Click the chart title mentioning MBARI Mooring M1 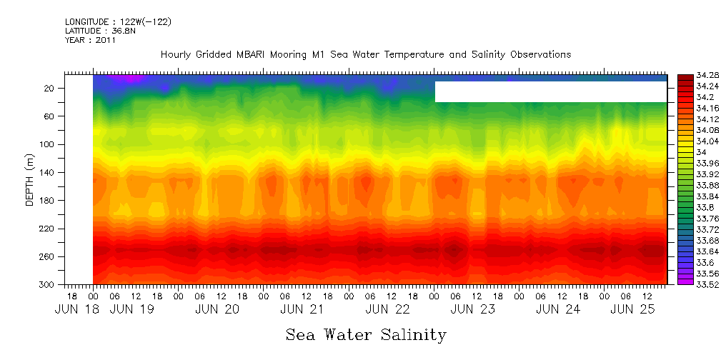coord(366,54)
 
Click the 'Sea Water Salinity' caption coord(366,334)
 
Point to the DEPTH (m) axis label coord(30,183)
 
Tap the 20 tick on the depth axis coord(49,88)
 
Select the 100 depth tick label coord(47,144)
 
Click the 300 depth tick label coord(47,284)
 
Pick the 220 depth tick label coord(47,229)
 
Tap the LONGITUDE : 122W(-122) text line coord(118,22)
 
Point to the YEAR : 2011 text coord(90,40)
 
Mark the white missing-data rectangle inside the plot coord(550,91)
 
